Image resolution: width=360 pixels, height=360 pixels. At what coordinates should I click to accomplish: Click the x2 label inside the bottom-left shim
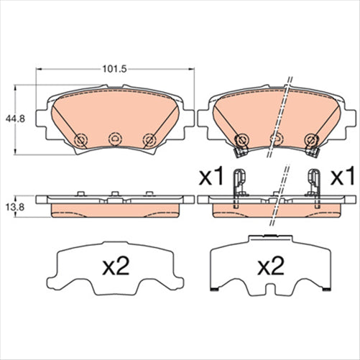[115, 267]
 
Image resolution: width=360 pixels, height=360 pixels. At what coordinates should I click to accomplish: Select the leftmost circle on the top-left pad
[80, 139]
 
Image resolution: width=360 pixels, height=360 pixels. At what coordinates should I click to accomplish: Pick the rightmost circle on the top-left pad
[149, 139]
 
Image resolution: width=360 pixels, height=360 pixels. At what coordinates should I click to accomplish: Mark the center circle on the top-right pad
[274, 139]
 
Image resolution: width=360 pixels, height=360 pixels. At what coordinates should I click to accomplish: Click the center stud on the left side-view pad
[114, 193]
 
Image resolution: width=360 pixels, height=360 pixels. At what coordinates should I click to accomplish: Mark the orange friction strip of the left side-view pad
[115, 209]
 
